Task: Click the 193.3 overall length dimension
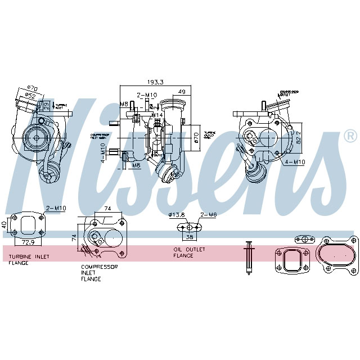[155, 82]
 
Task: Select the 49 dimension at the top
[182, 92]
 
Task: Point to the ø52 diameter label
[30, 96]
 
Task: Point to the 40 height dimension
[5, 224]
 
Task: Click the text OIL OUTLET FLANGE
[189, 252]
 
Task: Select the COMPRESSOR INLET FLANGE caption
[99, 273]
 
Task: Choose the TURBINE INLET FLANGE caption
[29, 259]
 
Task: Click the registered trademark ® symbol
[349, 136]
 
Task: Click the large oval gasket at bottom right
[336, 256]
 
